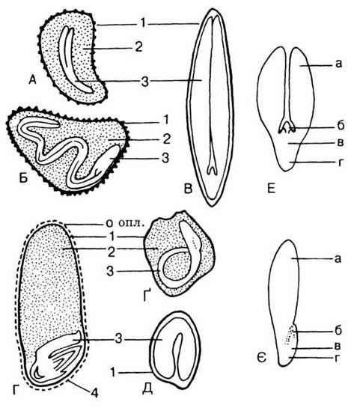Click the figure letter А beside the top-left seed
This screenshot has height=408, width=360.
[32, 79]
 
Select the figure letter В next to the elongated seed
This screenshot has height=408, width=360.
[188, 189]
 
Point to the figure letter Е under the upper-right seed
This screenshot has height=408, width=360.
[271, 189]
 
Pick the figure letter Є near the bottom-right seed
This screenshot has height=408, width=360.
[262, 359]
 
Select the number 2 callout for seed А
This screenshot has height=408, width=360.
[138, 48]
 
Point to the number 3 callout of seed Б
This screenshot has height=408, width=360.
[165, 158]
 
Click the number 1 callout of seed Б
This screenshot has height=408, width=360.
[165, 121]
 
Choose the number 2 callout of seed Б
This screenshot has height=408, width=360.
[166, 139]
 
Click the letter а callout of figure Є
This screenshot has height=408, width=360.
[338, 259]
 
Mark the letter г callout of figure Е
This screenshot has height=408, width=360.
[341, 162]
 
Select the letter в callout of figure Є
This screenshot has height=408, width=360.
[338, 347]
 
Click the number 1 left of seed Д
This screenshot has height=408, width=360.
[113, 373]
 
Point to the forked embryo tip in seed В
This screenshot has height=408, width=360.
[213, 170]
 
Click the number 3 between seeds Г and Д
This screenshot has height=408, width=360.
[118, 339]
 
